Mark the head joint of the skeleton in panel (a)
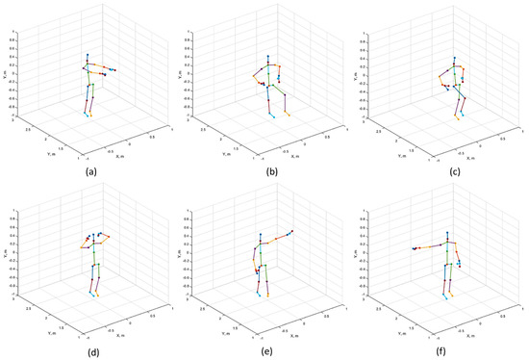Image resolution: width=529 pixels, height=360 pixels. [88, 55]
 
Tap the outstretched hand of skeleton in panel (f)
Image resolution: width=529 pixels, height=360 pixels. [414, 248]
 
